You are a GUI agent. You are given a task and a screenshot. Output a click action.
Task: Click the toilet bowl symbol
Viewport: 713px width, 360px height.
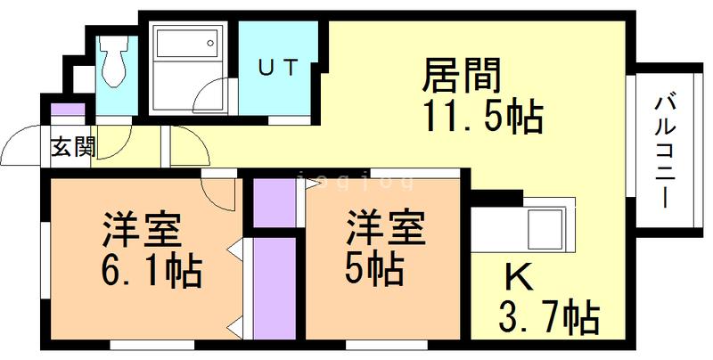(114, 62)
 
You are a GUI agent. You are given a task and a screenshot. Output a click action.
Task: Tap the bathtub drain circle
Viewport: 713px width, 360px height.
(210, 43)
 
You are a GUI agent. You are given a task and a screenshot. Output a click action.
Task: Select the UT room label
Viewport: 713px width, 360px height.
(278, 68)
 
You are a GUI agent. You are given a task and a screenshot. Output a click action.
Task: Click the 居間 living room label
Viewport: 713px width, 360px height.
(461, 75)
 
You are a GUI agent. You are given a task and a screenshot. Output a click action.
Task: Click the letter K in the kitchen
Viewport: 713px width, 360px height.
(520, 277)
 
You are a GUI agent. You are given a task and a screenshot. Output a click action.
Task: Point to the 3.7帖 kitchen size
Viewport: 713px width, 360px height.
(549, 318)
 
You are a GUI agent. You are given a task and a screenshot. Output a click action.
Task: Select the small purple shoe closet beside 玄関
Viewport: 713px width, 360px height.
(68, 110)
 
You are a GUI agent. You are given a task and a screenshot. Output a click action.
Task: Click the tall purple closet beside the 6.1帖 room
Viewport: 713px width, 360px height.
(275, 288)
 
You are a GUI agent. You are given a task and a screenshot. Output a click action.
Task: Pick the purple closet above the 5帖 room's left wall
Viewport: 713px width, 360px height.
(275, 203)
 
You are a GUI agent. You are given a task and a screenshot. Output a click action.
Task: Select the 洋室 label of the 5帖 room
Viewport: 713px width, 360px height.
(387, 229)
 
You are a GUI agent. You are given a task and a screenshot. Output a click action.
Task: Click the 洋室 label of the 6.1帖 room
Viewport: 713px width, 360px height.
(142, 229)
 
